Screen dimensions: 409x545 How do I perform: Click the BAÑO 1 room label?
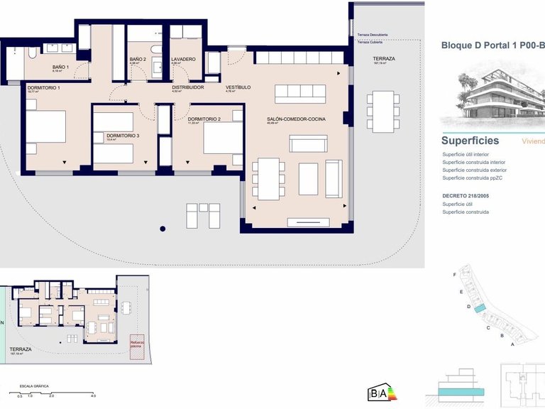coord(60,67)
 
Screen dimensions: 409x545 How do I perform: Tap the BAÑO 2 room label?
coord(138,59)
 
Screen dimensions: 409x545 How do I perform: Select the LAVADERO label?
coord(182,59)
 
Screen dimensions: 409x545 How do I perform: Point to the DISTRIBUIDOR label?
coord(188,87)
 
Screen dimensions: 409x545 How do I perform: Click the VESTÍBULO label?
coord(238,87)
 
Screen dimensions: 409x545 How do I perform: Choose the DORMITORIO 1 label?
coord(43,87)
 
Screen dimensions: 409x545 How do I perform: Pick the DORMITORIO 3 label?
coord(123,135)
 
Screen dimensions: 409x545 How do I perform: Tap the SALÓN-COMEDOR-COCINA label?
coord(296,119)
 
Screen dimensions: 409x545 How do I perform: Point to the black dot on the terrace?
coord(163,229)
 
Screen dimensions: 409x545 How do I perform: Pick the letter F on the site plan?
coord(453,274)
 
